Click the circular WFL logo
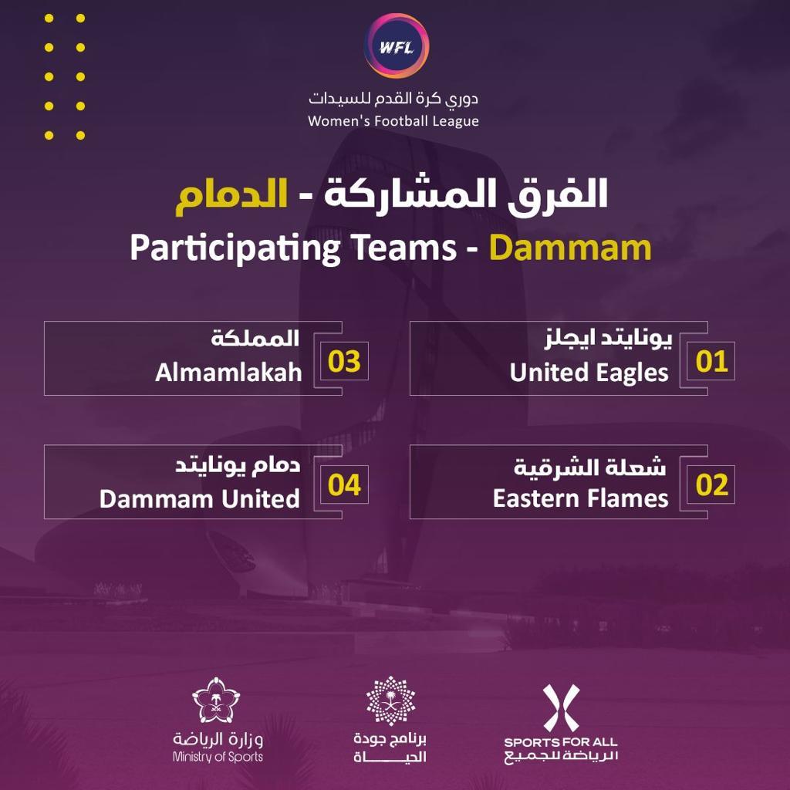396,46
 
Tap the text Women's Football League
393,121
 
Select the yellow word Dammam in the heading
570,248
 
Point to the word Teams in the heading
404,248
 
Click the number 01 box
711,361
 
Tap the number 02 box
711,484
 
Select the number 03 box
345,361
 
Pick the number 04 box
345,484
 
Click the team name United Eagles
589,373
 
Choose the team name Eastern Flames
580,498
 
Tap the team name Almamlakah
228,373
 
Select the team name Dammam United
200,499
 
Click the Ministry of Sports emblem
217,700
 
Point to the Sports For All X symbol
562,708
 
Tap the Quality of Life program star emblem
391,701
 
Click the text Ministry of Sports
218,757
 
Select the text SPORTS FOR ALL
561,741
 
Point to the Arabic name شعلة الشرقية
590,467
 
